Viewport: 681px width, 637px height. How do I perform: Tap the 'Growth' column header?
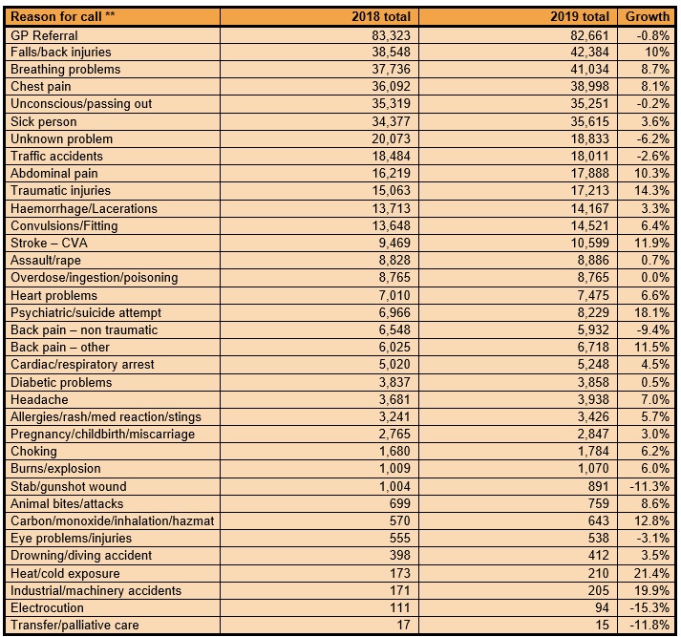[x=647, y=17]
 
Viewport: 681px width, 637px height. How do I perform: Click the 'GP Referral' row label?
[x=44, y=34]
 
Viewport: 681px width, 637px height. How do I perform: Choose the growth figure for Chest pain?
[x=652, y=86]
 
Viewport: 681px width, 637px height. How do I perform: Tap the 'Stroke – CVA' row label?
[x=49, y=243]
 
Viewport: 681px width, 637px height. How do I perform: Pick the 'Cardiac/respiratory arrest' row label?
[x=82, y=364]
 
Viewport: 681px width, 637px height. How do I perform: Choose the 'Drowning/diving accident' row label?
[x=79, y=555]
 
